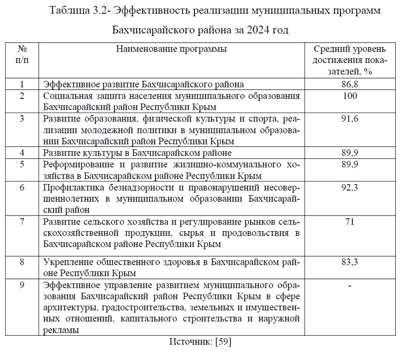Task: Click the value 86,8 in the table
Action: coord(350,84)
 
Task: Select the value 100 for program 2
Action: coord(350,96)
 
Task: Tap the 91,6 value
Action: coord(350,119)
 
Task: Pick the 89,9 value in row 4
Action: coord(350,153)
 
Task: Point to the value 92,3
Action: coord(350,188)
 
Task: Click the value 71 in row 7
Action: coord(350,222)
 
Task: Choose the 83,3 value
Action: coord(350,262)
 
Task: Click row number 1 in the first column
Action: coord(22,84)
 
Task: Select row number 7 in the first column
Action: coord(22,222)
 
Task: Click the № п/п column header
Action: coord(22,55)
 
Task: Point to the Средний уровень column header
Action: coord(350,49)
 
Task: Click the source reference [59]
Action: coord(223,342)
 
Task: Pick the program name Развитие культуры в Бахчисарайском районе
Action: coord(138,153)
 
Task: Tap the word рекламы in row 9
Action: coord(61,330)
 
